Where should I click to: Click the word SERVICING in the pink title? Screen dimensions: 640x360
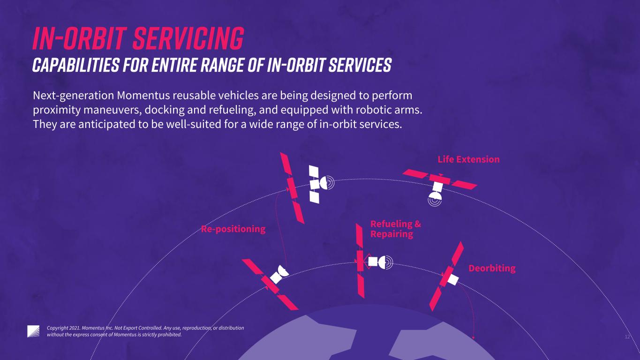pos(188,38)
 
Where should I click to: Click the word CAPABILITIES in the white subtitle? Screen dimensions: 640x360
pos(75,65)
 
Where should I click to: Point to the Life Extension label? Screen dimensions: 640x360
pos(468,159)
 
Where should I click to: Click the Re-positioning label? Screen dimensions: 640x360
pos(233,229)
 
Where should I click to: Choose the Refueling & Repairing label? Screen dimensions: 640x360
pos(395,229)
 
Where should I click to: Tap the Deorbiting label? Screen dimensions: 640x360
pos(492,268)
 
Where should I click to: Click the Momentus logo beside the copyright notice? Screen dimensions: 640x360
pos(33,331)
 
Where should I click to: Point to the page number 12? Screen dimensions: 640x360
pos(627,337)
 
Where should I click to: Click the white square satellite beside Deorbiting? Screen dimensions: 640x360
pos(453,280)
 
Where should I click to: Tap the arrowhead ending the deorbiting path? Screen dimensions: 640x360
pos(473,338)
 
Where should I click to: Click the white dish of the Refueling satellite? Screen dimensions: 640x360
pos(385,262)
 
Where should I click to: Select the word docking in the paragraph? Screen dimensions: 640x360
pos(164,110)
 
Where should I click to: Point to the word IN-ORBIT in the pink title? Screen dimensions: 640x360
pos(80,38)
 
